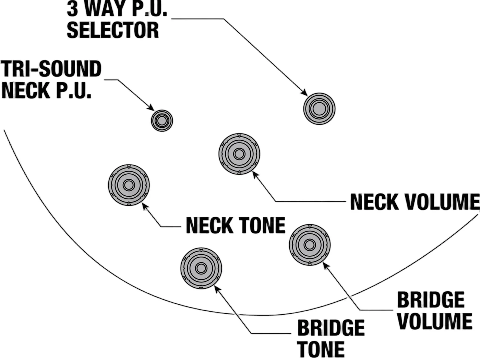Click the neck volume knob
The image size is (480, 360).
click(x=239, y=154)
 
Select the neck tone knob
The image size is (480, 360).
click(x=129, y=185)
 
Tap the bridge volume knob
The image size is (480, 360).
click(x=310, y=245)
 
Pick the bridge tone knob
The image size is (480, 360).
click(x=201, y=268)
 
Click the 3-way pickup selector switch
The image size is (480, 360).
click(x=319, y=109)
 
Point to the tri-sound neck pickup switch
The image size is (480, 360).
click(x=162, y=120)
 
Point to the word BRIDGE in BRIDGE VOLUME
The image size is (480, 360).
click(x=431, y=300)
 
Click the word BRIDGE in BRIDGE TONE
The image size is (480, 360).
click(x=331, y=328)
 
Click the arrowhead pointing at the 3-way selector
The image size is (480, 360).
click(x=304, y=92)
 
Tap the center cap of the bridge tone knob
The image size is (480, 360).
click(x=201, y=268)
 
